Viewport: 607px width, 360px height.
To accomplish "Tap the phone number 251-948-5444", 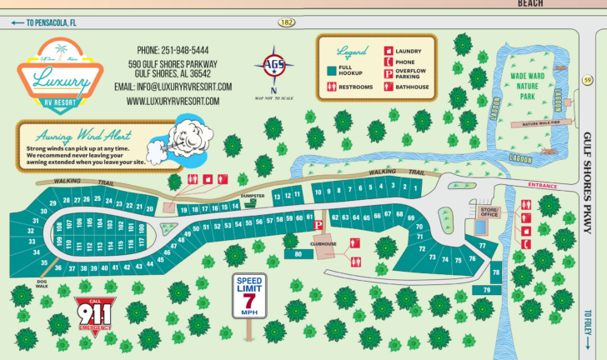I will click(x=173, y=50).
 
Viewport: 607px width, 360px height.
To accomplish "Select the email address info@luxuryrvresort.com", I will click(x=173, y=86).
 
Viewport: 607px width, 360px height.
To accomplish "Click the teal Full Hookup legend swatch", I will click(x=331, y=69).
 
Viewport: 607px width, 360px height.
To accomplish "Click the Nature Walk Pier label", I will click(x=541, y=123).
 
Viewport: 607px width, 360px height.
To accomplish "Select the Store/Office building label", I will click(x=489, y=212).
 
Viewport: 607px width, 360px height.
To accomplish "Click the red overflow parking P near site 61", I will click(x=317, y=225).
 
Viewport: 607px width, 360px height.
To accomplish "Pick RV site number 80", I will click(x=298, y=254).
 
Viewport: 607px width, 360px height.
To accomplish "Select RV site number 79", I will click(x=487, y=289).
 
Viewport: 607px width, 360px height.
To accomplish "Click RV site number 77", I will click(x=482, y=247).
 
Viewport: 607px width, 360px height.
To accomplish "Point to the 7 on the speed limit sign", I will click(x=248, y=298).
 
